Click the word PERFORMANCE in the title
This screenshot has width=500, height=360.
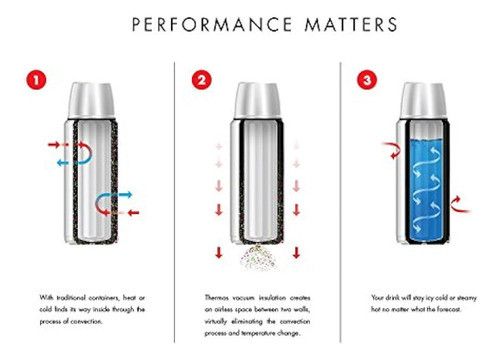click(212, 24)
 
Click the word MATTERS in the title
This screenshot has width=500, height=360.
click(351, 24)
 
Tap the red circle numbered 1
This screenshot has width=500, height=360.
click(36, 80)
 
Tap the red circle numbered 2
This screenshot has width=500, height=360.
click(202, 80)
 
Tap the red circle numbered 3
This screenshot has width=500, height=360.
click(367, 80)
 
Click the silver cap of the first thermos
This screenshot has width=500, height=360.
click(92, 101)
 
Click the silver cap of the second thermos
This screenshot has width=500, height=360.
click(257, 101)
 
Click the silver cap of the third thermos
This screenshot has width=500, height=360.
click(423, 101)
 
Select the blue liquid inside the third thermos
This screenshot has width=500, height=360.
click(426, 189)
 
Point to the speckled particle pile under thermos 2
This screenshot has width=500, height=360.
click(258, 258)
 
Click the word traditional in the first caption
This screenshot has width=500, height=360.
click(71, 298)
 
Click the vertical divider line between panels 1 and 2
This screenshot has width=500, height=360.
click(174, 202)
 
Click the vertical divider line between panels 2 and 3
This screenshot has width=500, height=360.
click(340, 202)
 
